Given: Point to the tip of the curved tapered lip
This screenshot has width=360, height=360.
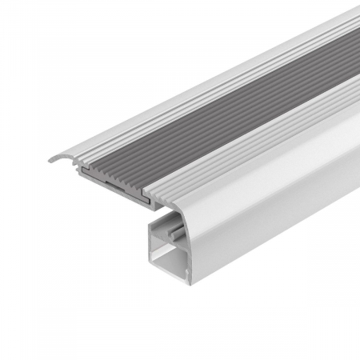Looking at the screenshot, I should (50, 161).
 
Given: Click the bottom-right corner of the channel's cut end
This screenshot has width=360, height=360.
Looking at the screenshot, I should (191, 282).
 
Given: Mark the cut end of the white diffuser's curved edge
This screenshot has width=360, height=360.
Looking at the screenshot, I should (189, 240).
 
